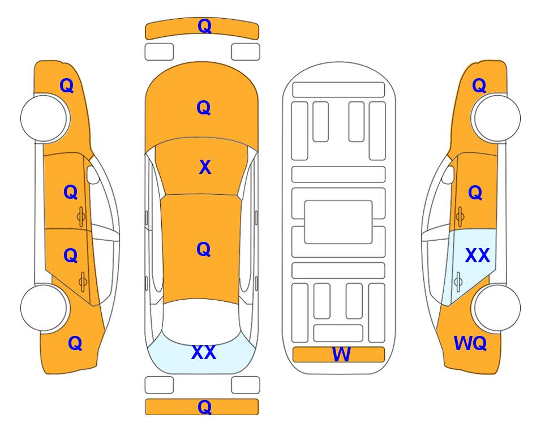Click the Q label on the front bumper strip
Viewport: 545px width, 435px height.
pyautogui.click(x=204, y=26)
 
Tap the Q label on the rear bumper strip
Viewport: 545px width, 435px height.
pyautogui.click(x=204, y=407)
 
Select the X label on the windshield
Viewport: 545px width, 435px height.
pyautogui.click(x=205, y=167)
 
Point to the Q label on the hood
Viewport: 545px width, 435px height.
pyautogui.click(x=204, y=108)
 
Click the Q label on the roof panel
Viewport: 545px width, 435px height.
pyautogui.click(x=204, y=249)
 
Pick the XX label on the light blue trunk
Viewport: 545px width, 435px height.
pyautogui.click(x=204, y=352)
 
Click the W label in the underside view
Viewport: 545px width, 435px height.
pyautogui.click(x=341, y=355)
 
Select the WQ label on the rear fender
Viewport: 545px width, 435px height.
pyautogui.click(x=470, y=343)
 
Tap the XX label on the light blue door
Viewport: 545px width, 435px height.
pyautogui.click(x=477, y=255)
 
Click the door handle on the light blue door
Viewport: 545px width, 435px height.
pyautogui.click(x=458, y=282)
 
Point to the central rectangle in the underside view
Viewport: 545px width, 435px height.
pyautogui.click(x=338, y=222)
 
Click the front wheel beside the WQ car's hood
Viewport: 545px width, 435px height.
pyautogui.click(x=496, y=118)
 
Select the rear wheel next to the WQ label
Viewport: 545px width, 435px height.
pyautogui.click(x=496, y=308)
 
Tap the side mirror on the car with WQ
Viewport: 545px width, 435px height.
pyautogui.click(x=448, y=174)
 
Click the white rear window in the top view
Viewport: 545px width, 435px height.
pyautogui.click(x=201, y=322)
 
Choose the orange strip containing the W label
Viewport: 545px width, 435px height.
pyautogui.click(x=338, y=355)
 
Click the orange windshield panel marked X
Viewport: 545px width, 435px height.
pyautogui.click(x=201, y=167)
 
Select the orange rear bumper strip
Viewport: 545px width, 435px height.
pyautogui.click(x=201, y=407)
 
